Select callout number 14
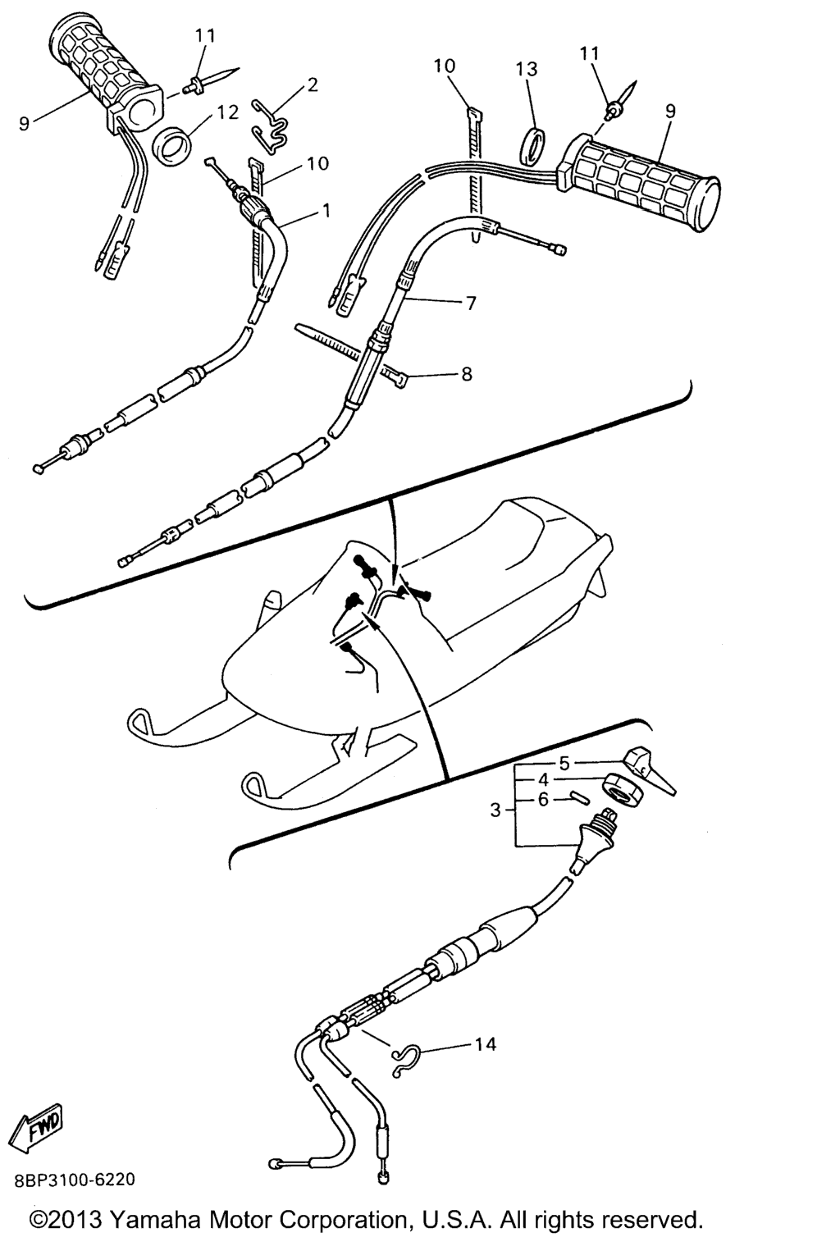click(x=486, y=1044)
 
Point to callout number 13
click(x=527, y=70)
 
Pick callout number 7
click(x=470, y=304)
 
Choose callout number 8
click(x=467, y=374)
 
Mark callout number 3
click(x=495, y=810)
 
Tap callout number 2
click(x=313, y=84)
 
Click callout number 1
click(x=326, y=211)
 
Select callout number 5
click(x=564, y=764)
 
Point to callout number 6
click(x=543, y=799)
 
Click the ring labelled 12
click(x=172, y=146)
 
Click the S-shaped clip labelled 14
click(x=404, y=1059)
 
